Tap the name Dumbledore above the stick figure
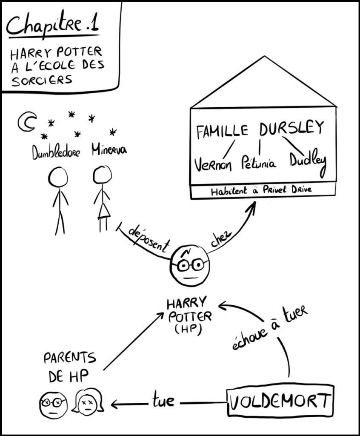[56, 152]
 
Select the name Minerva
[109, 151]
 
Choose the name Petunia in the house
[258, 163]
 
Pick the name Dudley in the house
[308, 161]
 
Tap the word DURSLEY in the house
[291, 128]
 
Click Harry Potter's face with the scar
[190, 265]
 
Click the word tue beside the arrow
[163, 401]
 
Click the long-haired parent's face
[88, 401]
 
